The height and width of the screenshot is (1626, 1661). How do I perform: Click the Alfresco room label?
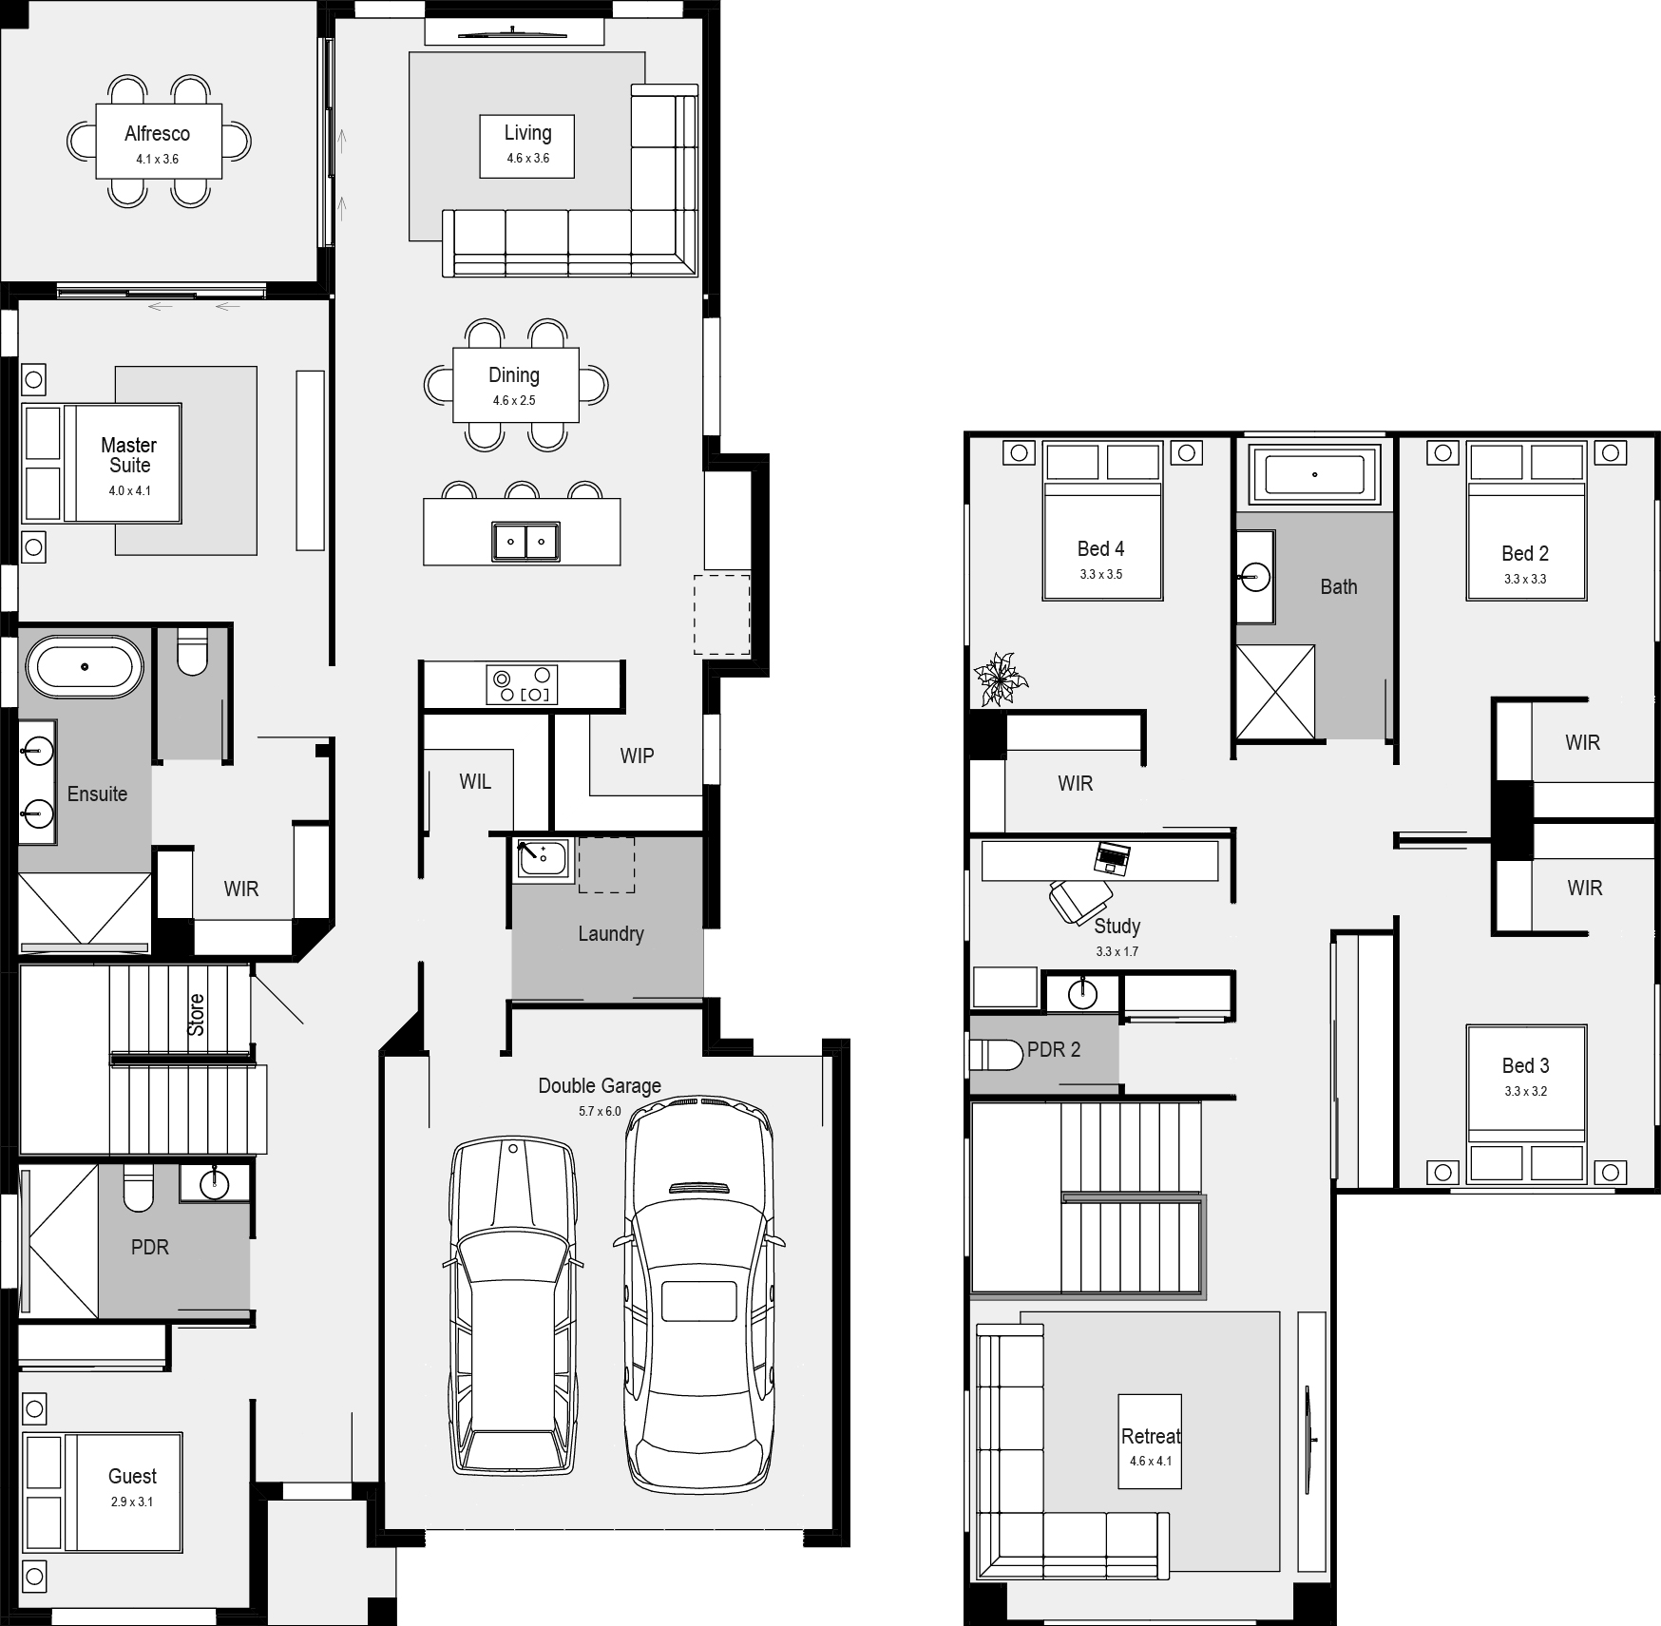point(157,134)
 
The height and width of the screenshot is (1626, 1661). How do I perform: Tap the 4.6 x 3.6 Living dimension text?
point(527,159)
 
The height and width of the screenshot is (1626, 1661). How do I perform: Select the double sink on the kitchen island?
point(525,542)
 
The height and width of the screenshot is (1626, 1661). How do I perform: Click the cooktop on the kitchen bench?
point(521,684)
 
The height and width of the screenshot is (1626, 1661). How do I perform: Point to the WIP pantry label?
point(637,756)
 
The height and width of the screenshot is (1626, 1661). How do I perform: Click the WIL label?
point(475,782)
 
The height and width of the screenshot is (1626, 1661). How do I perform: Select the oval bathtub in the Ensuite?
point(85,666)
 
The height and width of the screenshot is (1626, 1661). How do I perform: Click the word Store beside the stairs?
point(196,1015)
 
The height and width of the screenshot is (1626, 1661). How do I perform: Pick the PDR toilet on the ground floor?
point(139,1188)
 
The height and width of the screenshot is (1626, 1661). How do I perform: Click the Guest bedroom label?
point(132,1476)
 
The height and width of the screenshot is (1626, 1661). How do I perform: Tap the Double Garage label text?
point(599,1085)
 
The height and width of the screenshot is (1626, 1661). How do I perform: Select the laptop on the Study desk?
point(1112,857)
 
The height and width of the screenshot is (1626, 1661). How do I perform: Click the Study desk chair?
point(1080,900)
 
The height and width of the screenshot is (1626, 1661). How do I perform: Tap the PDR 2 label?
point(1053,1050)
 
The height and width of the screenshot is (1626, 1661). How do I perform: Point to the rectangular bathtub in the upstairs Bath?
point(1314,474)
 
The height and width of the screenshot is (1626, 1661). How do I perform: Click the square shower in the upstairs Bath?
point(1275,692)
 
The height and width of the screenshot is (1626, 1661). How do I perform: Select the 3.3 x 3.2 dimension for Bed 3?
point(1525,1091)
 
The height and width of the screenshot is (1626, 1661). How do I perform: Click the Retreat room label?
point(1151,1436)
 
